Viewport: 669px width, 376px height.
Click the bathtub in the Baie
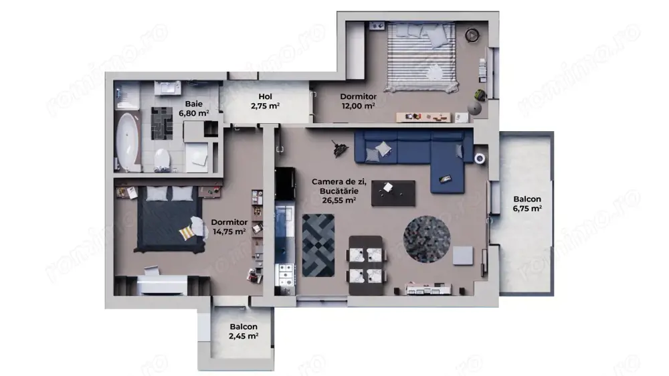(126, 141)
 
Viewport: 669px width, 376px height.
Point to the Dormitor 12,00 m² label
(357, 100)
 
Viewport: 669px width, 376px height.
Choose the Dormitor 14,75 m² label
(229, 227)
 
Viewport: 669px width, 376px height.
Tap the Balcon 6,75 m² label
(527, 203)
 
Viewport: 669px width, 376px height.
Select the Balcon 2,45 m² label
(244, 331)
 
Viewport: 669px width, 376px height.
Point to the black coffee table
(393, 192)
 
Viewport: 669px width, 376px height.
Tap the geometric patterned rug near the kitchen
(318, 245)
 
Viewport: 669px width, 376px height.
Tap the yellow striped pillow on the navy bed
(185, 231)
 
